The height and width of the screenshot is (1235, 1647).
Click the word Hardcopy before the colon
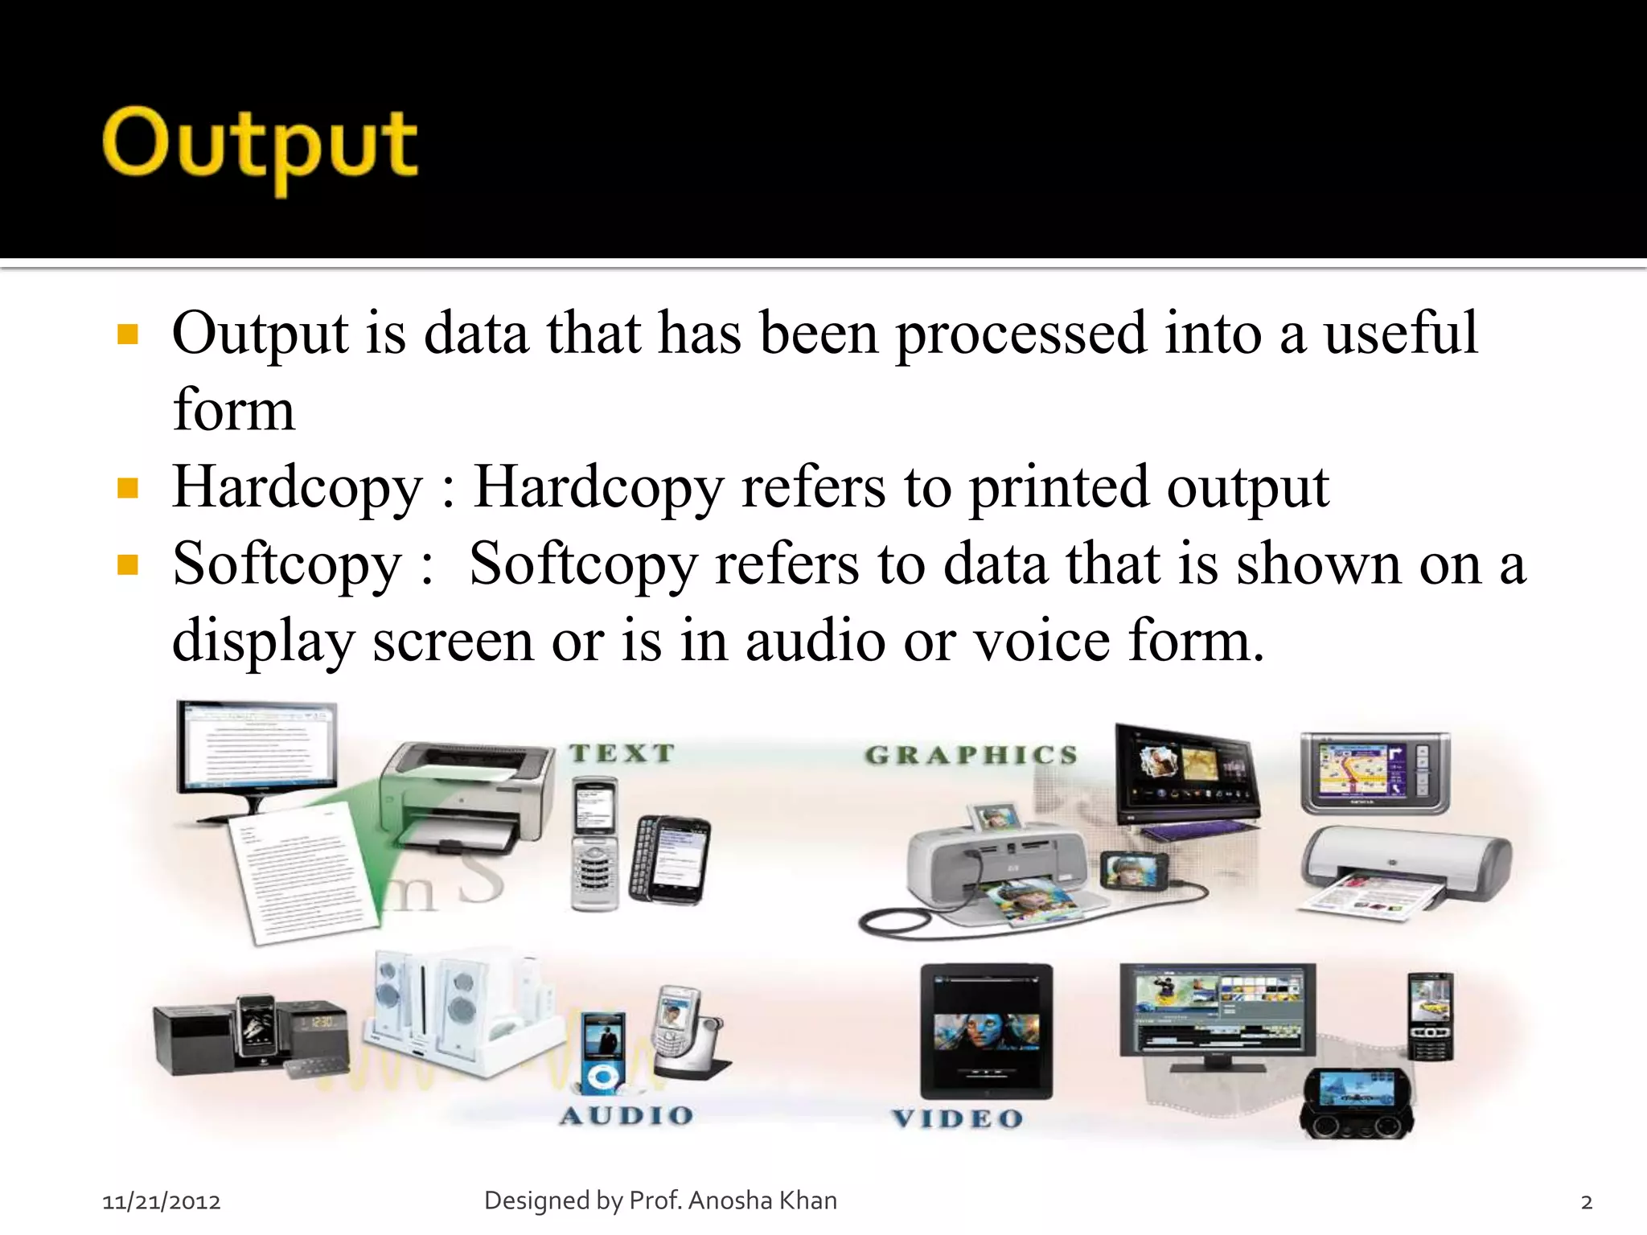pyautogui.click(x=297, y=487)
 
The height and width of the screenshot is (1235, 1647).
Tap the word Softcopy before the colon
pyautogui.click(x=286, y=564)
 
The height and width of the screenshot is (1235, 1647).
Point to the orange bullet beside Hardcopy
pyautogui.click(x=128, y=487)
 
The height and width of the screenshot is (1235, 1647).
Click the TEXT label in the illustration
pyautogui.click(x=622, y=753)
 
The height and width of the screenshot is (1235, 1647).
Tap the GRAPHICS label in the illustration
pyautogui.click(x=971, y=755)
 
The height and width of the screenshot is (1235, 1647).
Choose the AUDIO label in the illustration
pyautogui.click(x=626, y=1115)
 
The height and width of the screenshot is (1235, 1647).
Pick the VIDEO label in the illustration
pyautogui.click(x=958, y=1118)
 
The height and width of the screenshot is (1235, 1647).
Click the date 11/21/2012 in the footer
pyautogui.click(x=162, y=1201)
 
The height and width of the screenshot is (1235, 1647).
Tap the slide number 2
pyautogui.click(x=1586, y=1202)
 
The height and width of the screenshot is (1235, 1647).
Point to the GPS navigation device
pyautogui.click(x=1375, y=772)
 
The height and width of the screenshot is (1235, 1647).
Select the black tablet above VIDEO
pyautogui.click(x=986, y=1031)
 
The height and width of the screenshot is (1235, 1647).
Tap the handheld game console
pyautogui.click(x=1357, y=1102)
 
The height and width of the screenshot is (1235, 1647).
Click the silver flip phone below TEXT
pyautogui.click(x=595, y=844)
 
